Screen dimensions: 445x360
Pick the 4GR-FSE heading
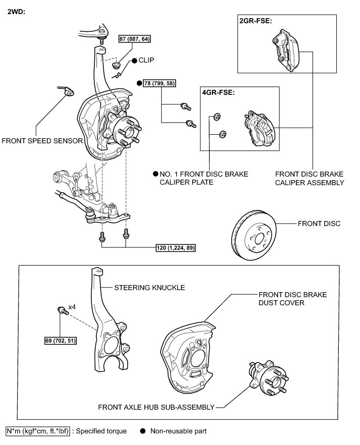coord(219,93)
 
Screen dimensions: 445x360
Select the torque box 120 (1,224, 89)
coord(176,248)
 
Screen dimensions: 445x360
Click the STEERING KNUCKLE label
coord(149,288)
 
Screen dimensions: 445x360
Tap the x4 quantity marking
coord(72,307)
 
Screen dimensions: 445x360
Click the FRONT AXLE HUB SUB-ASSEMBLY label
coord(157,407)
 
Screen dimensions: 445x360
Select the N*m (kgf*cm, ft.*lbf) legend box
coord(37,431)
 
